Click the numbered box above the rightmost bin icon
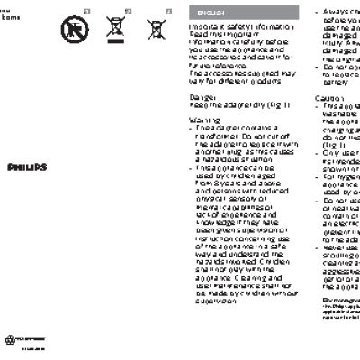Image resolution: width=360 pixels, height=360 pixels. (168, 9)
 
